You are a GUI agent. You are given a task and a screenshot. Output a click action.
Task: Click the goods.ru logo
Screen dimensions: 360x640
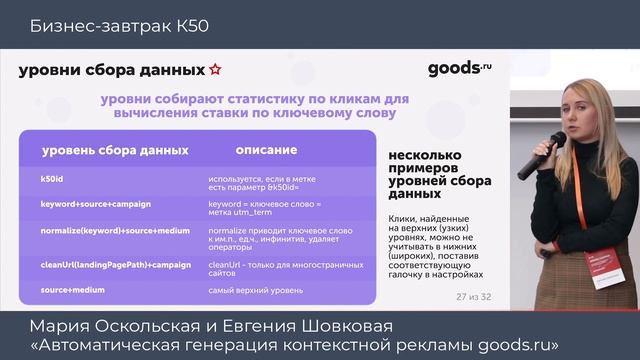pos(460,69)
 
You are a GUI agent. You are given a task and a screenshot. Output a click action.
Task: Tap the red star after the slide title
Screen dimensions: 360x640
pos(215,70)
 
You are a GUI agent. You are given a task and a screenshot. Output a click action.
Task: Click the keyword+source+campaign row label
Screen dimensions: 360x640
pos(103,204)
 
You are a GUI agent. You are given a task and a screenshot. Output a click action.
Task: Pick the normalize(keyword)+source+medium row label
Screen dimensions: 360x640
pos(115,231)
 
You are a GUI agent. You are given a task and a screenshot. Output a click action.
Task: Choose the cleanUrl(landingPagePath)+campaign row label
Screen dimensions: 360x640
pos(115,264)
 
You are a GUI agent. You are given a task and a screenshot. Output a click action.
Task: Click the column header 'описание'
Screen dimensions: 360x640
pos(266,150)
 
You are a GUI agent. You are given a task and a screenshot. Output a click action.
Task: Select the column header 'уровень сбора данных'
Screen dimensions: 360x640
pos(114,150)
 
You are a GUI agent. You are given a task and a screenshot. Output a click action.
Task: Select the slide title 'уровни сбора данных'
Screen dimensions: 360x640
pos(110,70)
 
